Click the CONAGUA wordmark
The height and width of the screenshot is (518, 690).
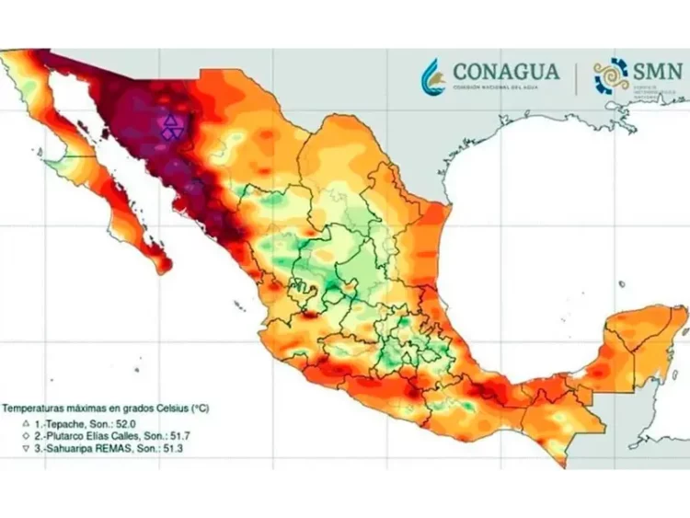pos(505,71)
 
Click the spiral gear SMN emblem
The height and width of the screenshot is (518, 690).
pos(611,76)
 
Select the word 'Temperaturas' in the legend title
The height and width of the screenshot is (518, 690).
pos(34,406)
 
